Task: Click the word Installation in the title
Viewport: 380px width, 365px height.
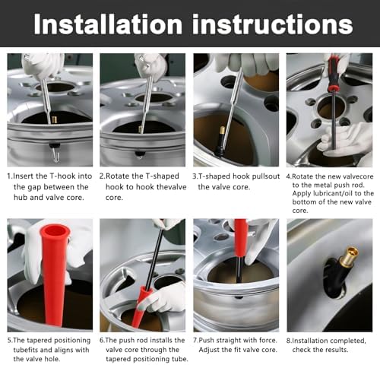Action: click(108, 24)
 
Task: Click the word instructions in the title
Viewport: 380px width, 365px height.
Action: click(272, 24)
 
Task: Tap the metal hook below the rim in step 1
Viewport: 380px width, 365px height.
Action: click(55, 155)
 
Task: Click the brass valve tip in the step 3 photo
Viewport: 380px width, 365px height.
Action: click(223, 130)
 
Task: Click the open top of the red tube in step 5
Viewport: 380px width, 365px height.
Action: click(55, 230)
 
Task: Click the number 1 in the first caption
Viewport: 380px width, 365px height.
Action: click(9, 176)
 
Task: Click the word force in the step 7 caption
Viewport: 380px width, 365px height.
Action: click(268, 341)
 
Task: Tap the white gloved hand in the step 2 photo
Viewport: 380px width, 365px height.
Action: click(150, 66)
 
